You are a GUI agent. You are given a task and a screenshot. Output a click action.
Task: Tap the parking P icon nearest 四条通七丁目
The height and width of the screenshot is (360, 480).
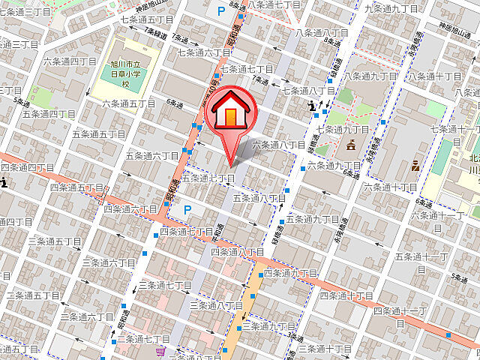(x=187, y=209)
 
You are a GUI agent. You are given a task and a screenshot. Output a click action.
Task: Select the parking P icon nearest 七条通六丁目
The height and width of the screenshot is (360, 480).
(x=220, y=11)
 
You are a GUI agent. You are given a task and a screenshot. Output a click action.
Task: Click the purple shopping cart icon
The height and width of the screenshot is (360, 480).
(x=160, y=350)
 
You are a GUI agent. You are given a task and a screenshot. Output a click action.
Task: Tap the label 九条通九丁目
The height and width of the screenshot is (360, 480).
(x=391, y=8)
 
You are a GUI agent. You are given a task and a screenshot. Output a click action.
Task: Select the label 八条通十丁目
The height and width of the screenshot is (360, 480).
(x=434, y=76)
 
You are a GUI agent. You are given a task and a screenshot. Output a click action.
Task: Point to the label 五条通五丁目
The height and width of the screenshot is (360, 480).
(x=98, y=134)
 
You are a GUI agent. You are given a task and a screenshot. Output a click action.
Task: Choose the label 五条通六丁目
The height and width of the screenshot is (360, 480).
(x=152, y=155)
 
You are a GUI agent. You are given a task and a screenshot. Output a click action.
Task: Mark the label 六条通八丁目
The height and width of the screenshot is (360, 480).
(x=278, y=145)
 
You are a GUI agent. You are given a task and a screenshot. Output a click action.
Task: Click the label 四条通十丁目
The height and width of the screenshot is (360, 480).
(x=346, y=295)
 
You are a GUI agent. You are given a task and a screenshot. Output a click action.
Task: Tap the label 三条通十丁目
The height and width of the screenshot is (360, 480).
(x=324, y=349)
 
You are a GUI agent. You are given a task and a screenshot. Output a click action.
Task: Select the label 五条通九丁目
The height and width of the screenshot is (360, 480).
(x=313, y=219)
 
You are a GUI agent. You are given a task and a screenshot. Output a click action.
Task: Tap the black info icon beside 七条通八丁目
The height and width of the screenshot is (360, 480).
(x=314, y=107)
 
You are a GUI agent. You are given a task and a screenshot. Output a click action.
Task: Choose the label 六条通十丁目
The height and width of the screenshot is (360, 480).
(x=390, y=187)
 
